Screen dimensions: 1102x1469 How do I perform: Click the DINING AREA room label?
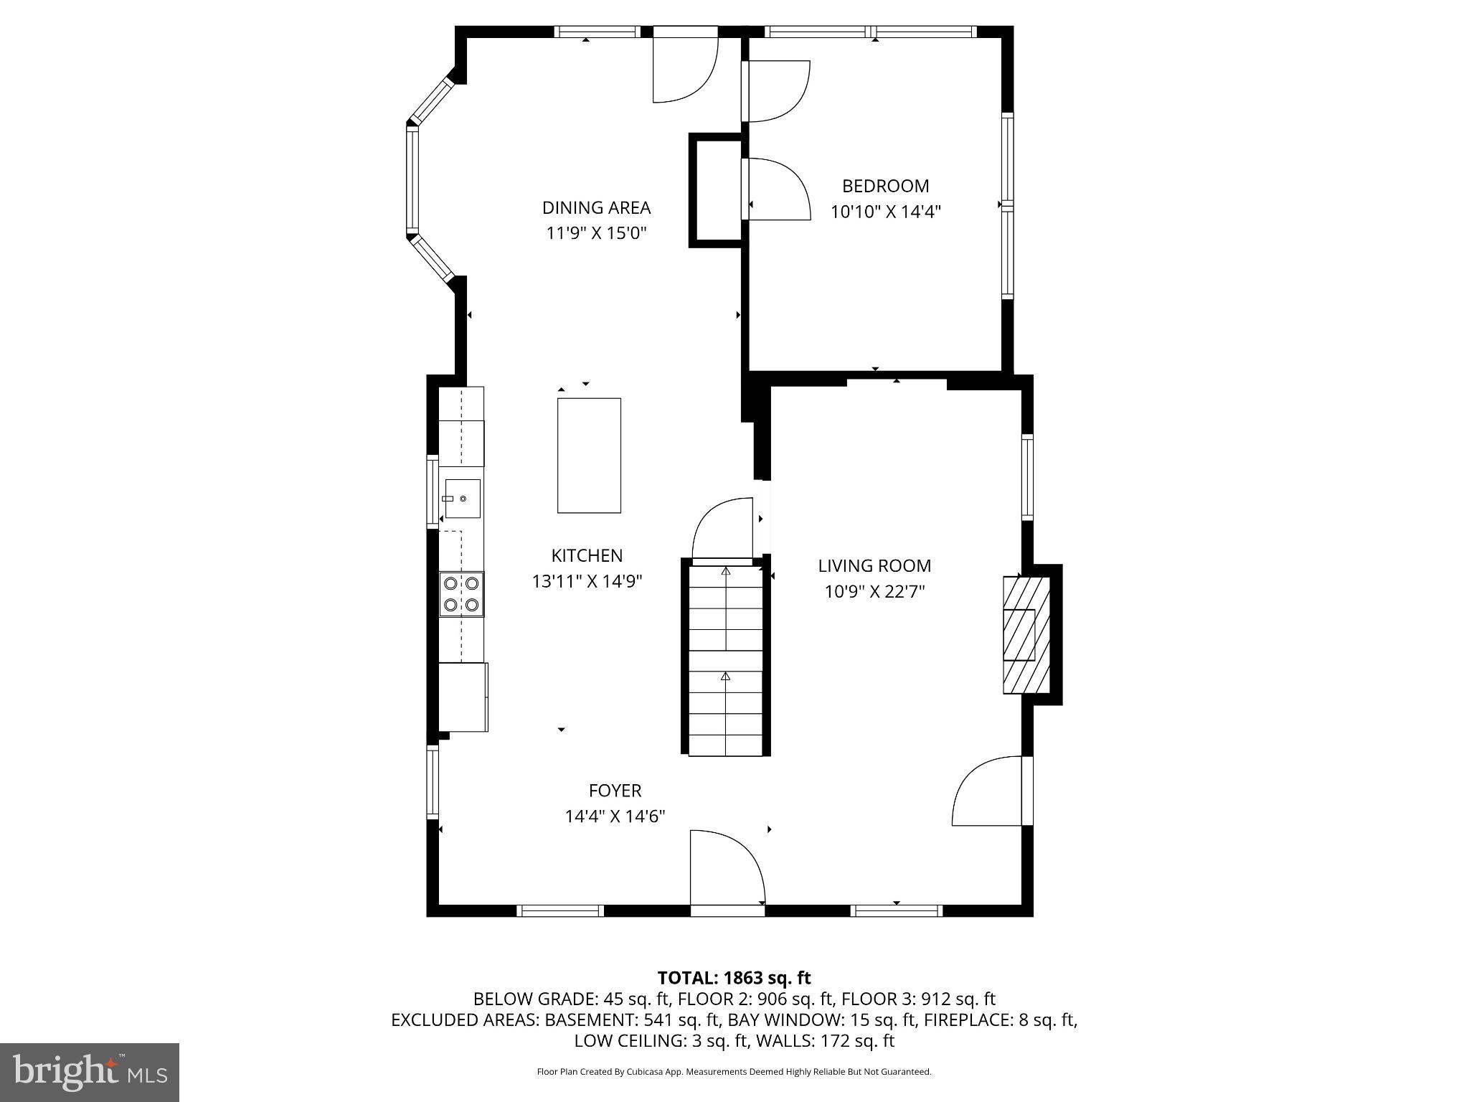pyautogui.click(x=596, y=207)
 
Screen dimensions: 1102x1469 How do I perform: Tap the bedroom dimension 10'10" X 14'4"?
pyautogui.click(x=885, y=212)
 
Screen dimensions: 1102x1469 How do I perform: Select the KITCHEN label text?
pyautogui.click(x=587, y=555)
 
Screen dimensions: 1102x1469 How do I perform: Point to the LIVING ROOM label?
pyautogui.click(x=874, y=566)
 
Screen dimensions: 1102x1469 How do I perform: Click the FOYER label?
pyautogui.click(x=615, y=791)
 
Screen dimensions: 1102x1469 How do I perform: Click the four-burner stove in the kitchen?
pyautogui.click(x=461, y=594)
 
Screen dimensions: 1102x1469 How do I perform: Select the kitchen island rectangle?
pyautogui.click(x=589, y=456)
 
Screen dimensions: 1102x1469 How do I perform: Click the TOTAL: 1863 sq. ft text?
pyautogui.click(x=734, y=978)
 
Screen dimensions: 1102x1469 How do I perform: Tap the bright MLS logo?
pyautogui.click(x=90, y=1072)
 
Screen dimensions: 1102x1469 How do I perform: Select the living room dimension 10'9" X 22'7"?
pyautogui.click(x=874, y=592)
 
